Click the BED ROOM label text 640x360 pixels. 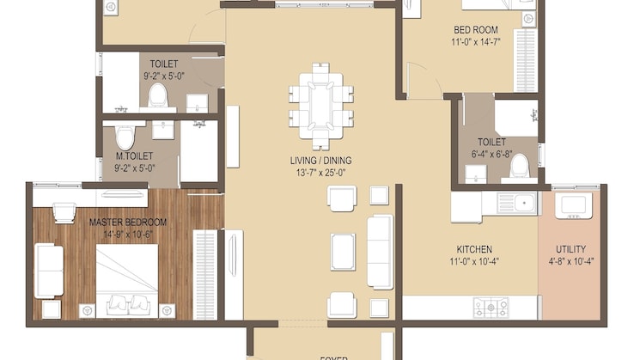coord(474,30)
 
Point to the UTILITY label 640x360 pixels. coord(570,249)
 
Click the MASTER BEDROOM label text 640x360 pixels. coord(128,222)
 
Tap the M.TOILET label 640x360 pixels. coord(134,157)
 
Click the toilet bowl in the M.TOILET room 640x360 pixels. coord(125,136)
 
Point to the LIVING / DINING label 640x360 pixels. coord(320,161)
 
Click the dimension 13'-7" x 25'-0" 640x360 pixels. coord(320,173)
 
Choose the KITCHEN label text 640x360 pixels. coord(474,249)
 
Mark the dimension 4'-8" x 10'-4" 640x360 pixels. coord(570,261)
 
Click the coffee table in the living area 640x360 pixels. coord(343,251)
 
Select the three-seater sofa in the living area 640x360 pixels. coord(380,251)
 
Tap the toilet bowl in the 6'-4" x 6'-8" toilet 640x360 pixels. coord(520,166)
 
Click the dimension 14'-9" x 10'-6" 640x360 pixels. coord(128,234)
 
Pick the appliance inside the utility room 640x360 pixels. coord(571,204)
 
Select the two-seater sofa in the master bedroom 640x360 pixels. coord(49,271)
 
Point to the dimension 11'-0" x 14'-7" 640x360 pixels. coord(474,42)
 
